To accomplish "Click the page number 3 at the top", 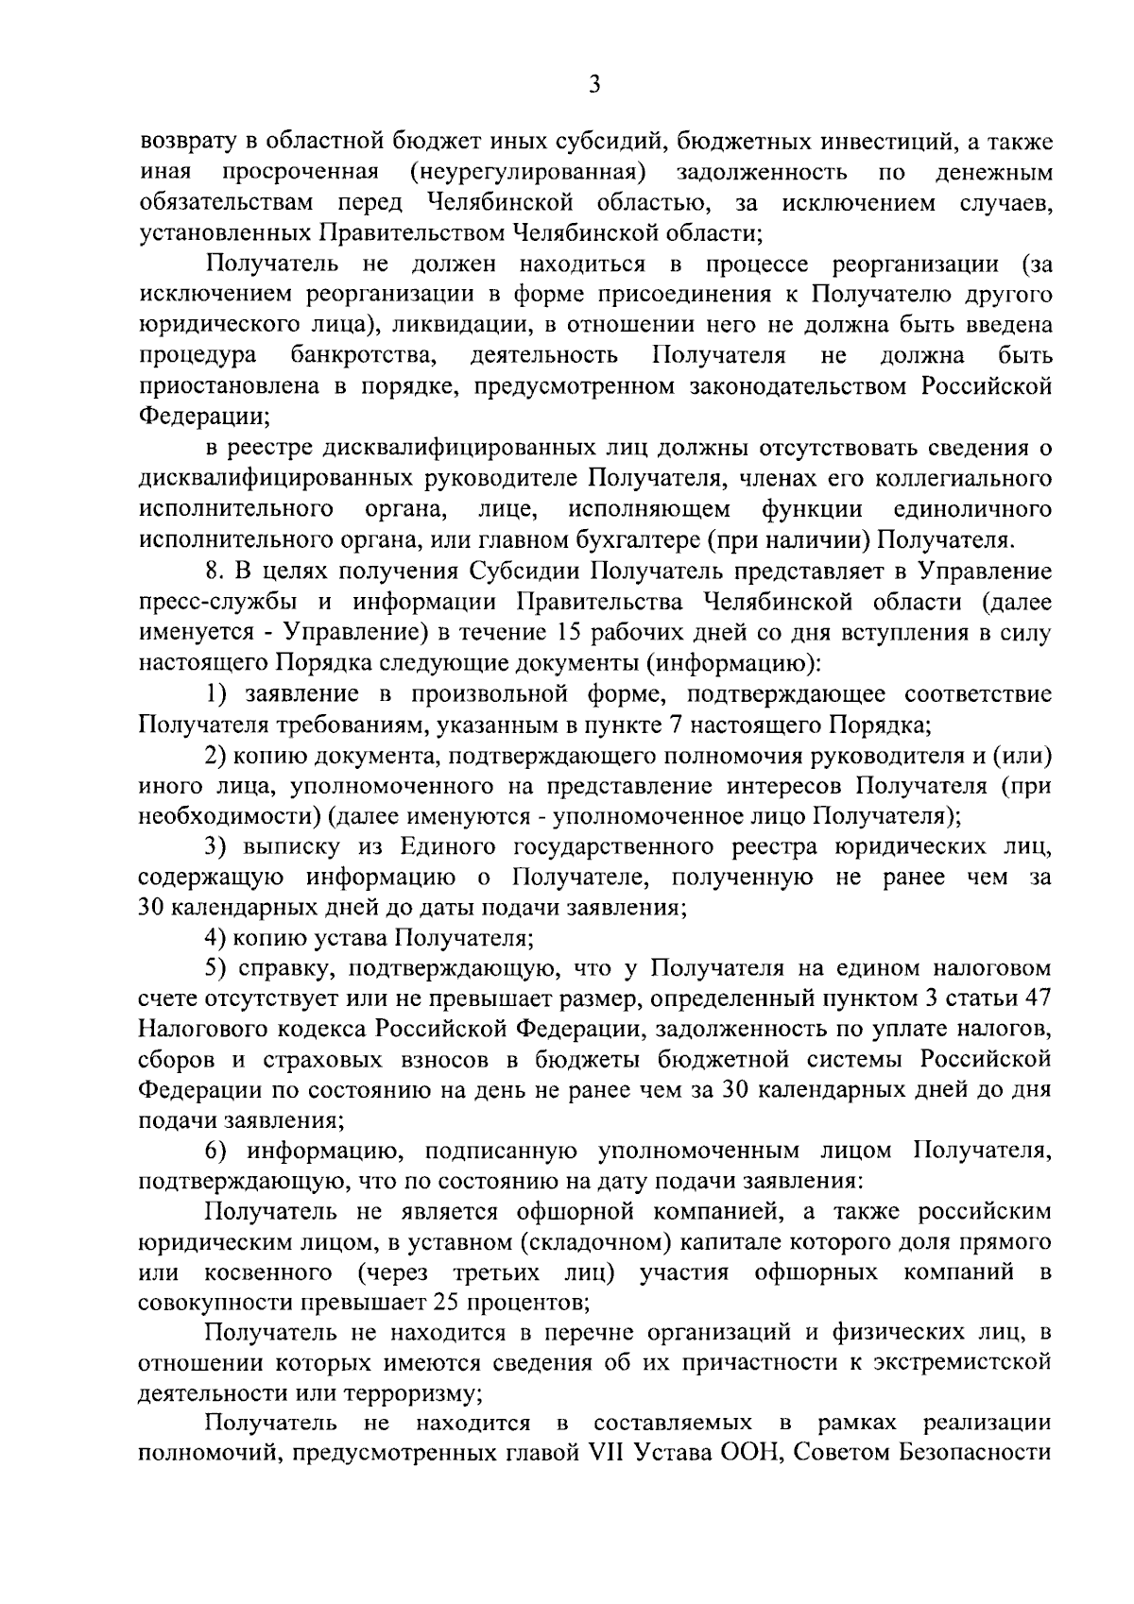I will coord(593,85).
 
